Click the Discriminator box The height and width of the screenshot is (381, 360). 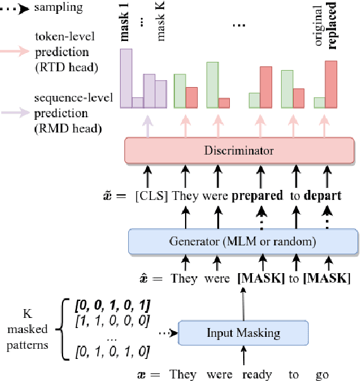pos(239,151)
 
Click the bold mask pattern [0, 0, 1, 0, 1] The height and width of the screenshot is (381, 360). pos(112,306)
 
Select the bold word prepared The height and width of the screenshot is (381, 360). pos(258,196)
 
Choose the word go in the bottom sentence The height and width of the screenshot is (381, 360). pos(322,374)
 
